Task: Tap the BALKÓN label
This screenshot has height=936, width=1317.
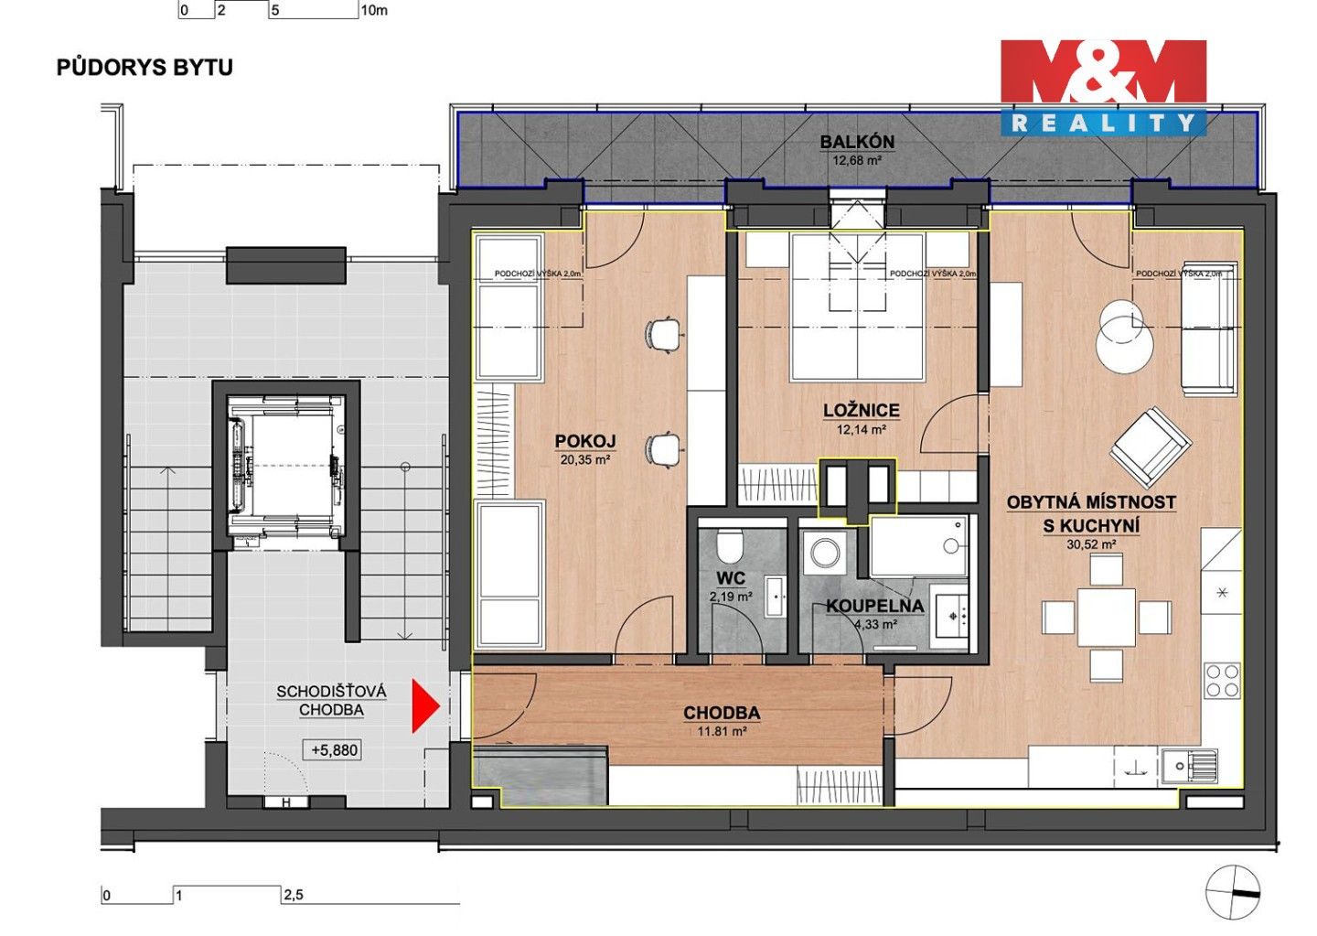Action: [x=857, y=142]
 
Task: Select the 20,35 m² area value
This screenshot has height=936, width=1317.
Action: [x=584, y=460]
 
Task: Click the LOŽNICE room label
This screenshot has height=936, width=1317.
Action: [x=862, y=411]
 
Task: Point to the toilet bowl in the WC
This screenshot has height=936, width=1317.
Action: [x=730, y=546]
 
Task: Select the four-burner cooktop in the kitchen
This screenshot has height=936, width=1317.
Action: [x=1222, y=681]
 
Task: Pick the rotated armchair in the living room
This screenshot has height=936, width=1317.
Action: [x=1151, y=448]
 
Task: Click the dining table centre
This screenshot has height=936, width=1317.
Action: [x=1107, y=618]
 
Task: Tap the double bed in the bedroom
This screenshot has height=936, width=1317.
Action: [x=858, y=311]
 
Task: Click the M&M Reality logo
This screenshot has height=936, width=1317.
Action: [x=1104, y=87]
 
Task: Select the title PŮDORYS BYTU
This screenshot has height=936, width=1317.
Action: [x=145, y=68]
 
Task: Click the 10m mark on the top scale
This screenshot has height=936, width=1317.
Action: [x=374, y=11]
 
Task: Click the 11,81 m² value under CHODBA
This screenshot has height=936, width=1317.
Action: [x=722, y=731]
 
